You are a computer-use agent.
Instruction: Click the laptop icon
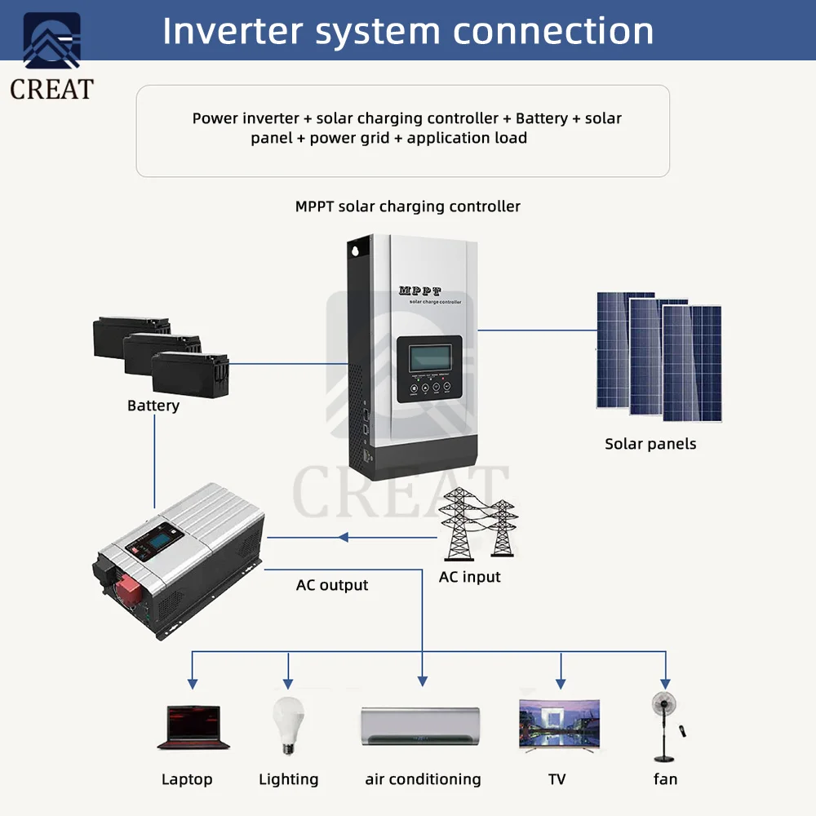click(x=193, y=726)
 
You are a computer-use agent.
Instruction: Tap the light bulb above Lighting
click(x=288, y=722)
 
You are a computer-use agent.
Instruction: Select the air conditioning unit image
click(x=421, y=725)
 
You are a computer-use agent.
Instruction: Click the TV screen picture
click(x=560, y=724)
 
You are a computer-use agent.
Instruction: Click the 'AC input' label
click(x=469, y=577)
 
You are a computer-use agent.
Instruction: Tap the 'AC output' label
click(x=332, y=585)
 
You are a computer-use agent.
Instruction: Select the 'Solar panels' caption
click(x=650, y=444)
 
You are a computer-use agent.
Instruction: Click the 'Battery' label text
click(x=153, y=406)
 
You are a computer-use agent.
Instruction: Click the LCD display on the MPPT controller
click(x=429, y=357)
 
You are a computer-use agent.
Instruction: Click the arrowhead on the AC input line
click(x=344, y=537)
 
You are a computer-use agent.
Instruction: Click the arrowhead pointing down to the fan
click(x=665, y=681)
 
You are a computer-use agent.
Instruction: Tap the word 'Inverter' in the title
click(x=233, y=31)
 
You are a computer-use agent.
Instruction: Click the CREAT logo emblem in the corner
click(x=51, y=41)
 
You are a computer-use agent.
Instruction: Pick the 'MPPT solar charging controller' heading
click(x=407, y=206)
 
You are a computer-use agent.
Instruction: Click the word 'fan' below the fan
click(x=665, y=779)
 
